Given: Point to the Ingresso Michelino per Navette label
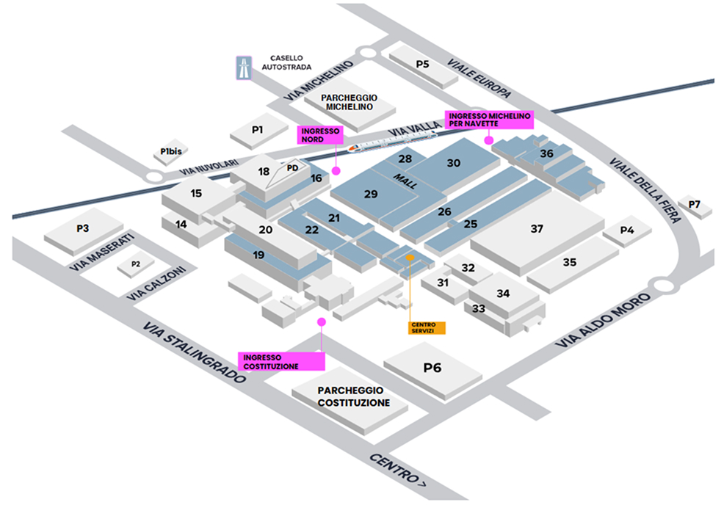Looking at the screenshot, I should [x=488, y=120].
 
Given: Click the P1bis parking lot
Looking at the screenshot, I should [x=171, y=152].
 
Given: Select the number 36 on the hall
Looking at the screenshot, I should [x=546, y=154].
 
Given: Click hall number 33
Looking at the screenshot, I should [x=479, y=308].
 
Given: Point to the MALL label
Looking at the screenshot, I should [x=405, y=183].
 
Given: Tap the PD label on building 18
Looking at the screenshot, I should [x=292, y=167].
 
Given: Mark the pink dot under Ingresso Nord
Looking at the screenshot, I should [x=336, y=170].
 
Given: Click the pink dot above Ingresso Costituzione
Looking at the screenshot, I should [x=321, y=322].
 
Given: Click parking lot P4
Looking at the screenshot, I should [x=626, y=230].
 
